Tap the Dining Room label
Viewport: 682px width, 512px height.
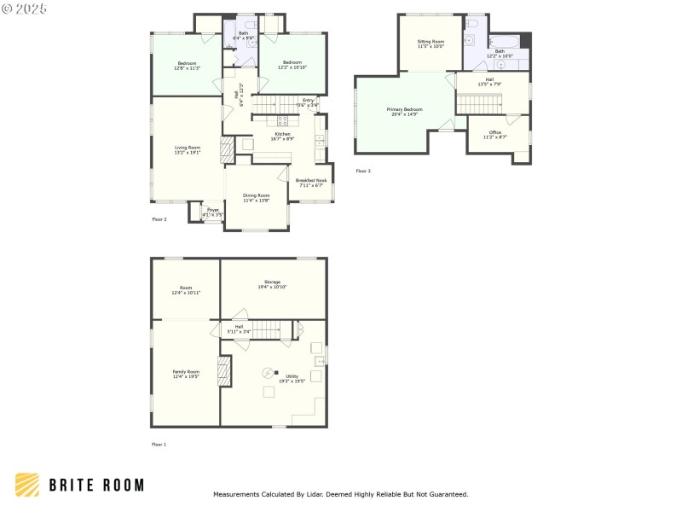[256, 195]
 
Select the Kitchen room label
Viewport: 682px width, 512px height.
[282, 134]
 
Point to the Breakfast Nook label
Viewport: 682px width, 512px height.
[311, 180]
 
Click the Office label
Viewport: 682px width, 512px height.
[494, 132]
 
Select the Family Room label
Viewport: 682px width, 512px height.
[186, 372]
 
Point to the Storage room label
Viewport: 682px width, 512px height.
[272, 282]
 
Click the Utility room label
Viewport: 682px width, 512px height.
[292, 375]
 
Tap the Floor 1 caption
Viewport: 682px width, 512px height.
[159, 445]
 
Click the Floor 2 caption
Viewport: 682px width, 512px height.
[159, 219]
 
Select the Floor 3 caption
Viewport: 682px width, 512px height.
[363, 171]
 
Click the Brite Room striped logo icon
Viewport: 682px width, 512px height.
[27, 485]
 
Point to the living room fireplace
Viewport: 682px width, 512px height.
[226, 151]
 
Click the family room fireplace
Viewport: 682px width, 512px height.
[225, 372]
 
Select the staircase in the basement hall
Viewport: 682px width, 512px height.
[269, 329]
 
